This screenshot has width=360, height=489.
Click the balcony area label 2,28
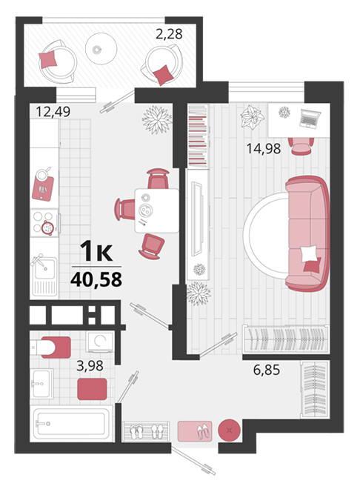coord(169,34)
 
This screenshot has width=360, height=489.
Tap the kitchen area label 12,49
coord(53,111)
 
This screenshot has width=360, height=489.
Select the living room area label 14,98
coord(264,148)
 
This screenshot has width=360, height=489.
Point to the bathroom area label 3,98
coord(90,365)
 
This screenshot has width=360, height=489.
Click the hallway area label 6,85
coord(266,370)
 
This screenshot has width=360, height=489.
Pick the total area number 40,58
coord(96,279)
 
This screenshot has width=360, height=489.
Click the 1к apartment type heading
coord(96,252)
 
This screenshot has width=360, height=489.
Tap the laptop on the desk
coord(310,119)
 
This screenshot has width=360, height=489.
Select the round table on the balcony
coord(101,49)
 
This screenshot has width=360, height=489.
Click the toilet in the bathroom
coord(51,347)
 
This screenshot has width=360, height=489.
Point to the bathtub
coord(72,424)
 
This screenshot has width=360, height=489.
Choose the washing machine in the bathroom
coord(100,342)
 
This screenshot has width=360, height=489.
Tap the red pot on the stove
coord(47,227)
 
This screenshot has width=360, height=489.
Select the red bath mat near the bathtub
coord(92,389)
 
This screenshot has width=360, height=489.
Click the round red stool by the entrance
coord(229,430)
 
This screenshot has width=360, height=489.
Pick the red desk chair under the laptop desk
coord(301,146)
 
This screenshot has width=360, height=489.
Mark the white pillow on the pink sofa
coord(309,253)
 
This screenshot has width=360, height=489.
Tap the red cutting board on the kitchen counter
coord(43,188)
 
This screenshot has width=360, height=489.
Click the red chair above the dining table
coord(158,179)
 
